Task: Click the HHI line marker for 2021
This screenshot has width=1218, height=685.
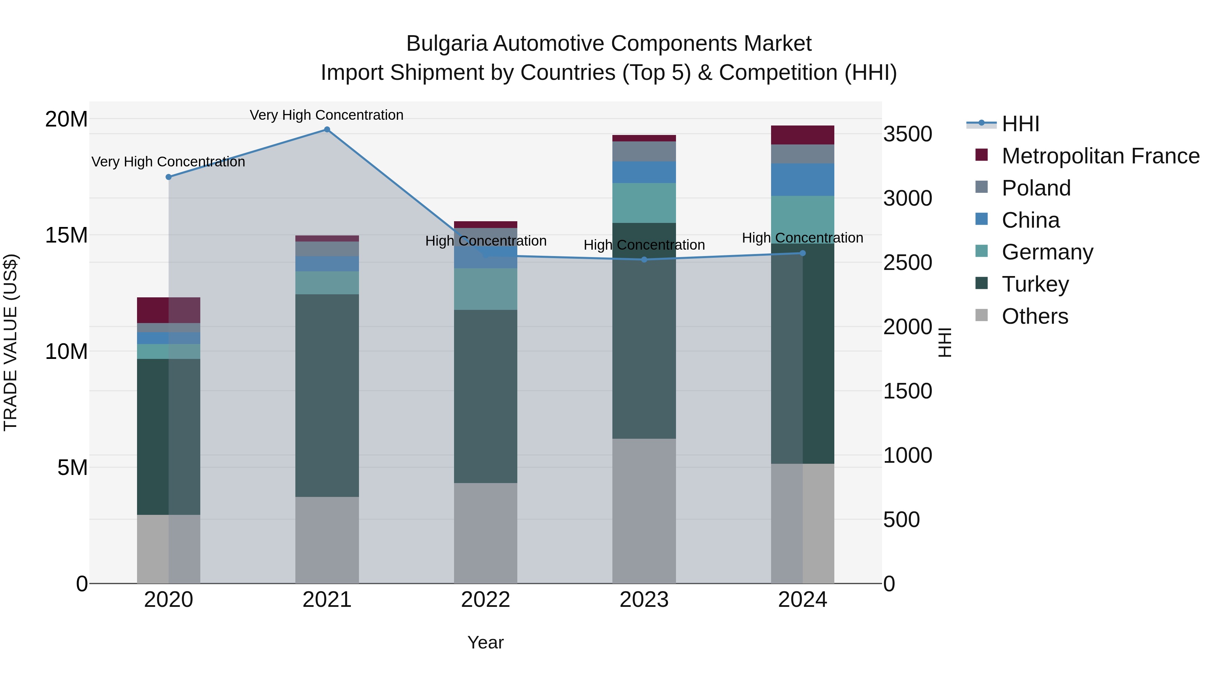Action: pos(327,130)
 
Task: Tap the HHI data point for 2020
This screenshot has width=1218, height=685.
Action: pos(168,177)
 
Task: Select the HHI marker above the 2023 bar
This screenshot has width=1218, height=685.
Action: pos(644,259)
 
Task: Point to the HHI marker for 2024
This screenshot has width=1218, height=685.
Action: pos(803,253)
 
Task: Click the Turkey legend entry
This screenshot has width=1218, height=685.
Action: pos(1035,284)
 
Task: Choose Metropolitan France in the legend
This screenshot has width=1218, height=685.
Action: pos(1100,156)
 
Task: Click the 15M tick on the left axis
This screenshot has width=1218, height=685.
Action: pos(66,235)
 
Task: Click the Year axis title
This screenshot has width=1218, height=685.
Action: pos(485,642)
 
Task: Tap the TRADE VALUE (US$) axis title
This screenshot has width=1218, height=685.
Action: pos(10,342)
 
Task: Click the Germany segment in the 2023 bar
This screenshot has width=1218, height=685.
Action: pos(644,203)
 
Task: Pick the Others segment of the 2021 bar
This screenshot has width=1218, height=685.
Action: pos(327,540)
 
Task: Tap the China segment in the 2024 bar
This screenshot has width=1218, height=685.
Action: pos(803,180)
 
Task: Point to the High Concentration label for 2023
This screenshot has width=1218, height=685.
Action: pos(644,245)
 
